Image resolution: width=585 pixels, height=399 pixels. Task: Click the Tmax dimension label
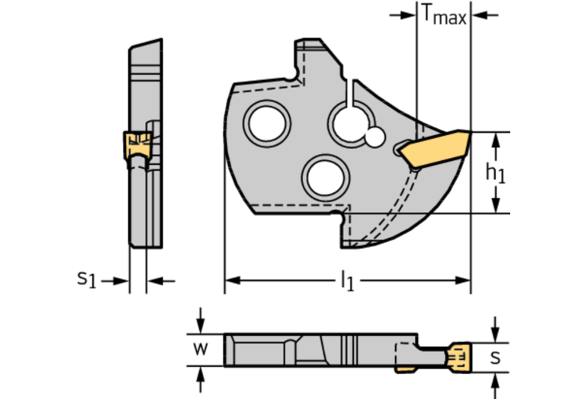pos(443,14)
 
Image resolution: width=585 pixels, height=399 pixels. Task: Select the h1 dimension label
pos(496,172)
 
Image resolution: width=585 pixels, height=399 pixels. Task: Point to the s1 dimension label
pos(87,279)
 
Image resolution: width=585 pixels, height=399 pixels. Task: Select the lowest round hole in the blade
pos(323,177)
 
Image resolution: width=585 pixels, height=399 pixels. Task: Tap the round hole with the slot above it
pos(350,122)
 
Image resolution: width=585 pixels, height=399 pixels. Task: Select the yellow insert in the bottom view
pos(457,358)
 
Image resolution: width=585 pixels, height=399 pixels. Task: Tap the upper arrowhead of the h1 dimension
pos(497,139)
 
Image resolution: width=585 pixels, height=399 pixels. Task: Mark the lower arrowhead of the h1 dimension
pos(497,205)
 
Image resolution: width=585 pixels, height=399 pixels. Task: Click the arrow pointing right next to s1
pos(120,281)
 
